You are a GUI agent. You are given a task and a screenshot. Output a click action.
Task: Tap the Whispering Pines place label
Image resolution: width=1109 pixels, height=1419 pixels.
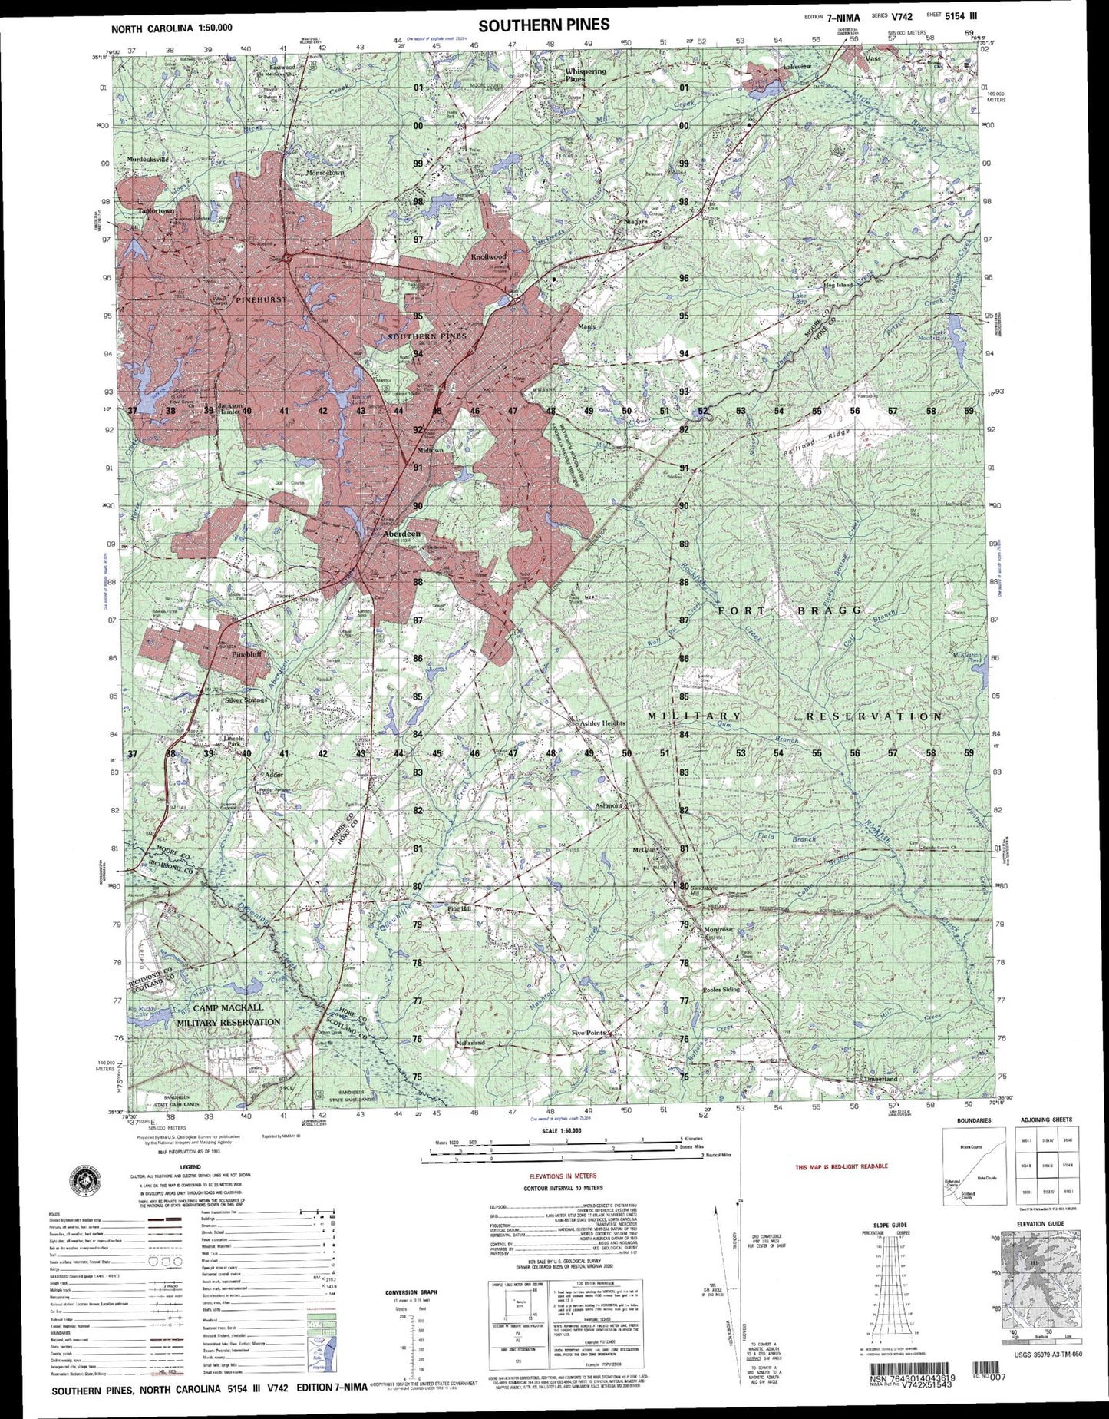tap(585, 74)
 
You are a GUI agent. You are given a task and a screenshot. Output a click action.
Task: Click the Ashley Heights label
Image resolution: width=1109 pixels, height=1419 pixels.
tap(602, 723)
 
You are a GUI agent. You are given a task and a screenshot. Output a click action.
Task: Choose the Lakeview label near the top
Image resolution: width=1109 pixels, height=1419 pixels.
tap(796, 68)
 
